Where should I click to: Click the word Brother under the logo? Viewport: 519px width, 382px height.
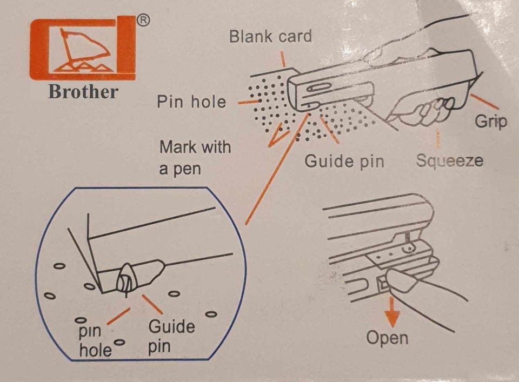(83, 91)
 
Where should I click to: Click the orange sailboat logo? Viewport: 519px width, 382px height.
(82, 48)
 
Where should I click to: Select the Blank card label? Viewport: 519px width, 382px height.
(270, 37)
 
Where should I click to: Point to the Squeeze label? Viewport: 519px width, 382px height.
(450, 160)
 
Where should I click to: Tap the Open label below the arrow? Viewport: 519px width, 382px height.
(387, 338)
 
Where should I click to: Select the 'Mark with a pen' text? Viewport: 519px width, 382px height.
(195, 157)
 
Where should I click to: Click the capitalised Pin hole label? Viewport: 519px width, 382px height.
(191, 102)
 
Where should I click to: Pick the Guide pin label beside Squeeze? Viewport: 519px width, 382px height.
(344, 161)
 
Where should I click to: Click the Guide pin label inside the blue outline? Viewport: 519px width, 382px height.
(171, 335)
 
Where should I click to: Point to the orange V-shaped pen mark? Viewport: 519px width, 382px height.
(277, 137)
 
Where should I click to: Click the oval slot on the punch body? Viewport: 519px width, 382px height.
(320, 89)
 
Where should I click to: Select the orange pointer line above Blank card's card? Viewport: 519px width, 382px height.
(283, 59)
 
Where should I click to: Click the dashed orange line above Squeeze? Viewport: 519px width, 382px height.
(437, 139)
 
